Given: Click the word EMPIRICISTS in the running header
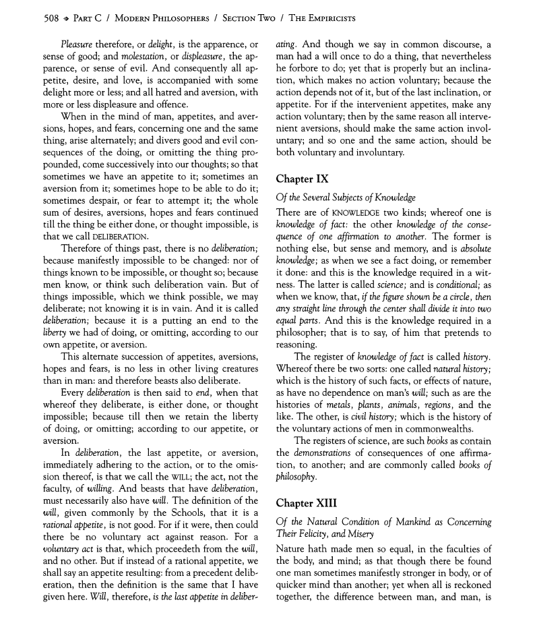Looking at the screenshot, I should click(x=326, y=18).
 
